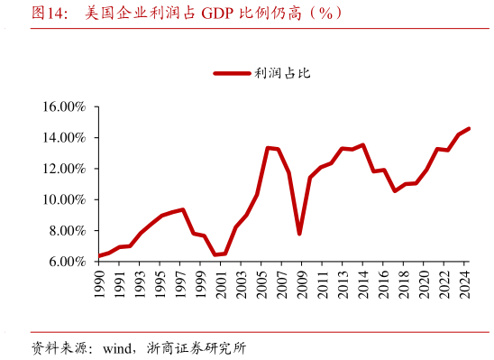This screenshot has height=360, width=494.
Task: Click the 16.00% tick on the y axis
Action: pos(64,106)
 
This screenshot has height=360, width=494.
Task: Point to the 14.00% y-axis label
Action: pos(64,138)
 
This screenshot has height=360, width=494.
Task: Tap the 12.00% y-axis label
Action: pos(64,169)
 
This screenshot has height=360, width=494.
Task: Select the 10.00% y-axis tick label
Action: pos(64,199)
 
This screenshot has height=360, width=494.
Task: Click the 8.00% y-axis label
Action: pos(67,230)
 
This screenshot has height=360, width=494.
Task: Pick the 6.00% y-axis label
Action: pos(67,262)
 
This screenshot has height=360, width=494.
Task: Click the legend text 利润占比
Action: pos(282,74)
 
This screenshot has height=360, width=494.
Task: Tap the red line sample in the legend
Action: pos(232,74)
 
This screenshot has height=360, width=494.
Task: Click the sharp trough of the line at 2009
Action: pos(299,234)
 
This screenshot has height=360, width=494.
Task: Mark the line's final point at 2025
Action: pos(469,128)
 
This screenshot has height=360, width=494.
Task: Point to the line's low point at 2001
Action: pos(215,254)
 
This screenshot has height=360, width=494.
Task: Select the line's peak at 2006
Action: pos(268,148)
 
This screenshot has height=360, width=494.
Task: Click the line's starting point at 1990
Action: pos(98,256)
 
